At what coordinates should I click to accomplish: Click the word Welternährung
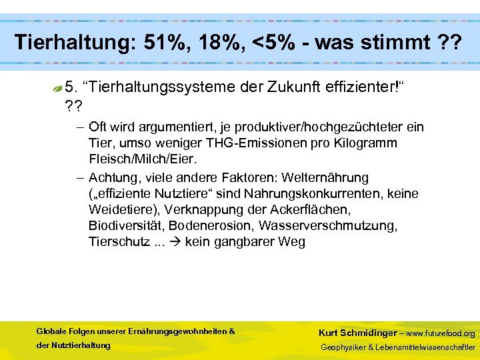pyautogui.click(x=325, y=178)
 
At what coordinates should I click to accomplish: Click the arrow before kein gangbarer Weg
pyautogui.click(x=175, y=242)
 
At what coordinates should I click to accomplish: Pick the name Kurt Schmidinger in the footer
pyautogui.click(x=358, y=333)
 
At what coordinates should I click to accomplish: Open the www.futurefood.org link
pyautogui.click(x=441, y=333)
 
